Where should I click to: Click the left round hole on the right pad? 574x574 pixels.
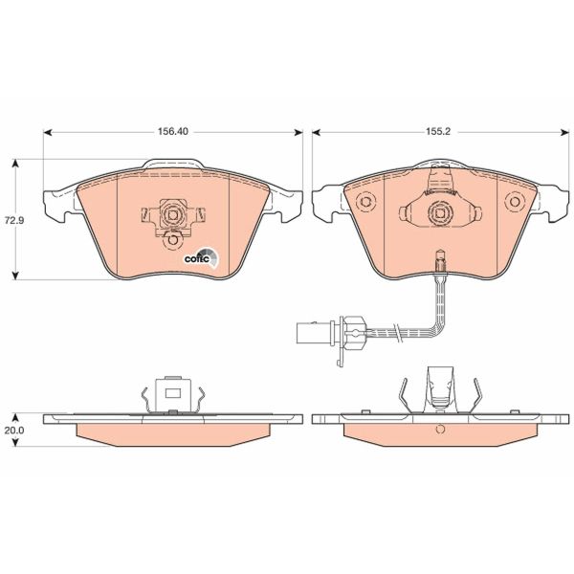point(363,203)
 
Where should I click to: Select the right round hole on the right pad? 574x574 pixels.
point(516,203)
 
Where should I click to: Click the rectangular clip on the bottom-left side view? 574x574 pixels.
point(172,390)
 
